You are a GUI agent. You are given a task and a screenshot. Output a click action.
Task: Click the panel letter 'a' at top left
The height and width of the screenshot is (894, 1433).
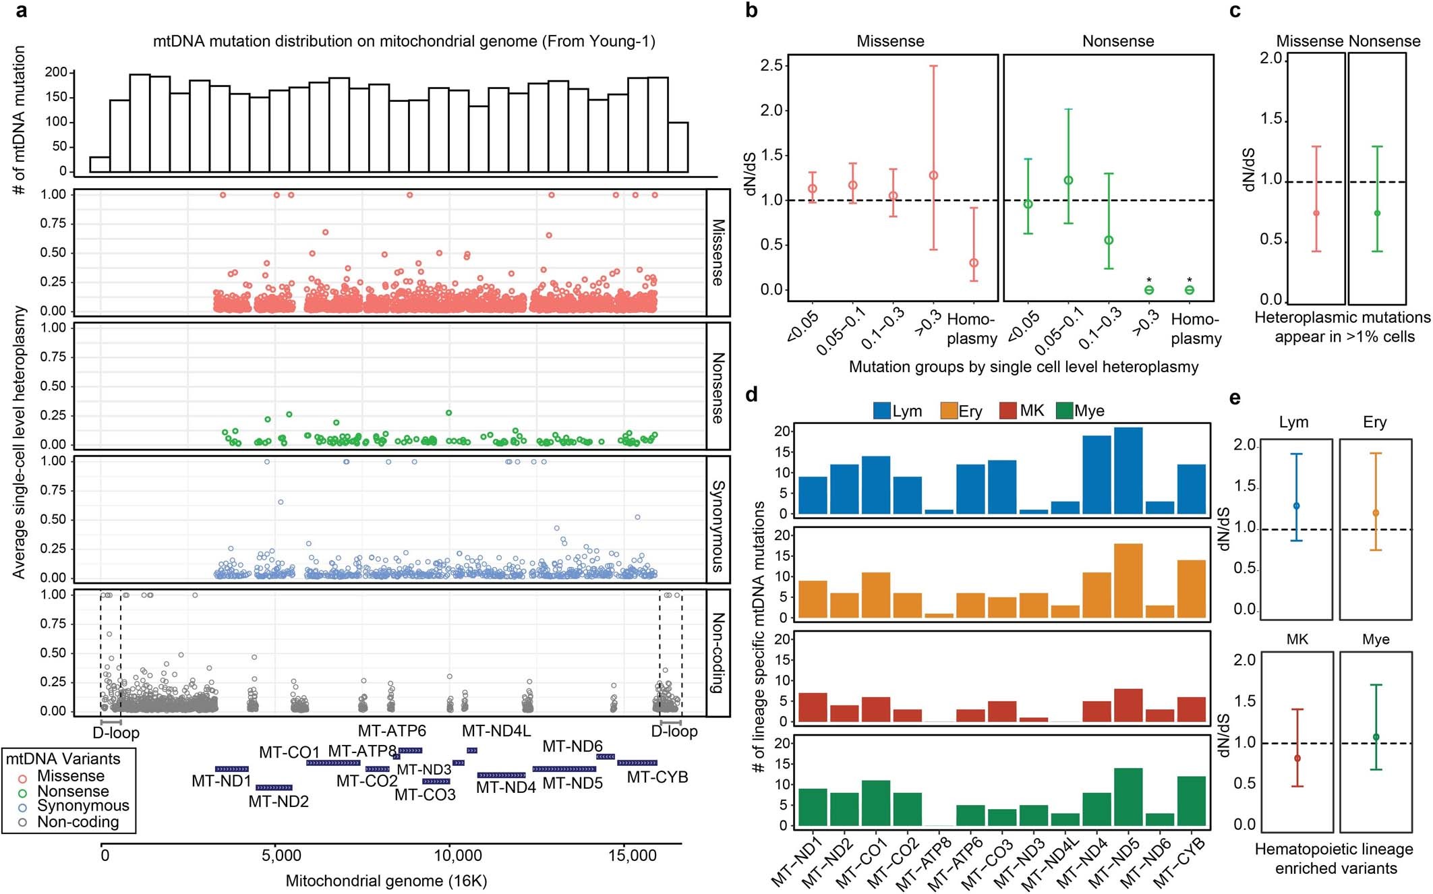tap(21, 11)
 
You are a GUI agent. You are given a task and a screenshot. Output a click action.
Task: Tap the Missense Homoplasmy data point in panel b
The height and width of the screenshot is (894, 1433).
tap(974, 263)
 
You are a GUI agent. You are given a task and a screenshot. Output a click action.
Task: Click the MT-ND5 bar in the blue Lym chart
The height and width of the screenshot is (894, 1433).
tap(1128, 470)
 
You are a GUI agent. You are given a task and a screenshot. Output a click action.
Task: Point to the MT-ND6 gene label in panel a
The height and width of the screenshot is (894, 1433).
tap(573, 746)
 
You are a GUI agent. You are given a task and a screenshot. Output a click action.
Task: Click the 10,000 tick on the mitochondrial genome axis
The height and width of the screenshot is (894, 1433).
tap(457, 856)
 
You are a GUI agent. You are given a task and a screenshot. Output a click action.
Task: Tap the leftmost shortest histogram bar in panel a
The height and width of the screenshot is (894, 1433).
tap(100, 165)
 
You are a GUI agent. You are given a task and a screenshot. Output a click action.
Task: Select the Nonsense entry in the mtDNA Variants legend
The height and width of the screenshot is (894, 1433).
tap(72, 792)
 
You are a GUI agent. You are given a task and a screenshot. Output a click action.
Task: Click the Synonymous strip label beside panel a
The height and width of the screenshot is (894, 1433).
tap(718, 525)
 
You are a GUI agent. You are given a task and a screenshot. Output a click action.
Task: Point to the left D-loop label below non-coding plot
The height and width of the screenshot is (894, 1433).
tap(116, 733)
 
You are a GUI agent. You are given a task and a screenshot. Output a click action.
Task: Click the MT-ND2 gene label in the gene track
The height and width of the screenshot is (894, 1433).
tap(279, 802)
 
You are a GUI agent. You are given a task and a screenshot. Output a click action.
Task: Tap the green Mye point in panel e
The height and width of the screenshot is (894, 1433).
tap(1376, 737)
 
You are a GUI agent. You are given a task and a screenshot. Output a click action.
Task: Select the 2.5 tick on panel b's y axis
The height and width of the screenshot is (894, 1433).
tap(771, 65)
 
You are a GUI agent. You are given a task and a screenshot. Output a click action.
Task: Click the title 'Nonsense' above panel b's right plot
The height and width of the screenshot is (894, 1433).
tap(1117, 41)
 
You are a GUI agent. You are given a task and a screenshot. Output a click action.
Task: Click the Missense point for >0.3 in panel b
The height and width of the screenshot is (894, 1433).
tap(933, 175)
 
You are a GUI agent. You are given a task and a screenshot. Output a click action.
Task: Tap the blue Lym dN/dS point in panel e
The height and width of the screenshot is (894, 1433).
tap(1296, 506)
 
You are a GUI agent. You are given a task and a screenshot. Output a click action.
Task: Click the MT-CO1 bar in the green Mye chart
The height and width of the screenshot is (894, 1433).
tap(876, 802)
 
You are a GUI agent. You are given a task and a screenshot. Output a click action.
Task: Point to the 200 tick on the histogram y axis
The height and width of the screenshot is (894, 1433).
tap(56, 72)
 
